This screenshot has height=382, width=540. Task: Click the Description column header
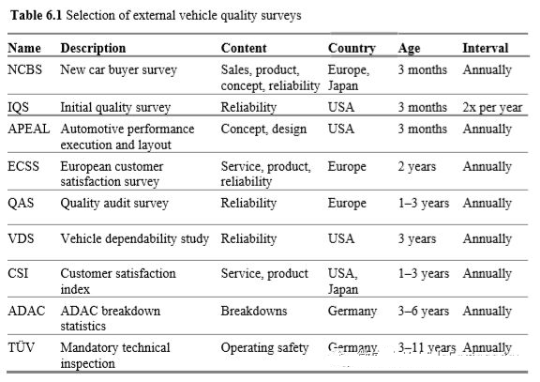click(93, 48)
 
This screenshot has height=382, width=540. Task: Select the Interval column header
click(486, 48)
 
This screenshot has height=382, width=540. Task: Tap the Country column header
click(352, 48)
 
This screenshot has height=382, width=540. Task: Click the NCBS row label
click(24, 69)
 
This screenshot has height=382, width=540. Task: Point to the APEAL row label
click(28, 129)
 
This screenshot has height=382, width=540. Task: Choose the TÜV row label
click(21, 347)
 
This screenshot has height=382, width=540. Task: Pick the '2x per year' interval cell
click(492, 108)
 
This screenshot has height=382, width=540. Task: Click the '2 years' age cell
click(416, 167)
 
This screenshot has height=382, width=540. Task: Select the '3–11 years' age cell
click(427, 348)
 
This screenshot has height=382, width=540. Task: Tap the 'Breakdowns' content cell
click(254, 311)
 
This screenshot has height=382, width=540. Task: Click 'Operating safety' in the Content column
click(264, 348)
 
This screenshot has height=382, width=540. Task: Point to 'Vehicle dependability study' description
click(135, 239)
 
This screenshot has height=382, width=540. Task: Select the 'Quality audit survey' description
click(114, 204)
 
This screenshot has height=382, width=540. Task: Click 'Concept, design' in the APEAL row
click(263, 130)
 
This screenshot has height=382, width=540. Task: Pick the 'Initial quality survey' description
click(115, 108)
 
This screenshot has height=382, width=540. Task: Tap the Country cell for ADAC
click(352, 312)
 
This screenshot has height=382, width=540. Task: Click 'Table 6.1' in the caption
click(36, 15)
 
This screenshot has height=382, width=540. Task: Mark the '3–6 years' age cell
click(424, 311)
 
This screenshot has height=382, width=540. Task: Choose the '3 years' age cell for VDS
click(416, 239)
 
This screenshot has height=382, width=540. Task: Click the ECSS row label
click(23, 166)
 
